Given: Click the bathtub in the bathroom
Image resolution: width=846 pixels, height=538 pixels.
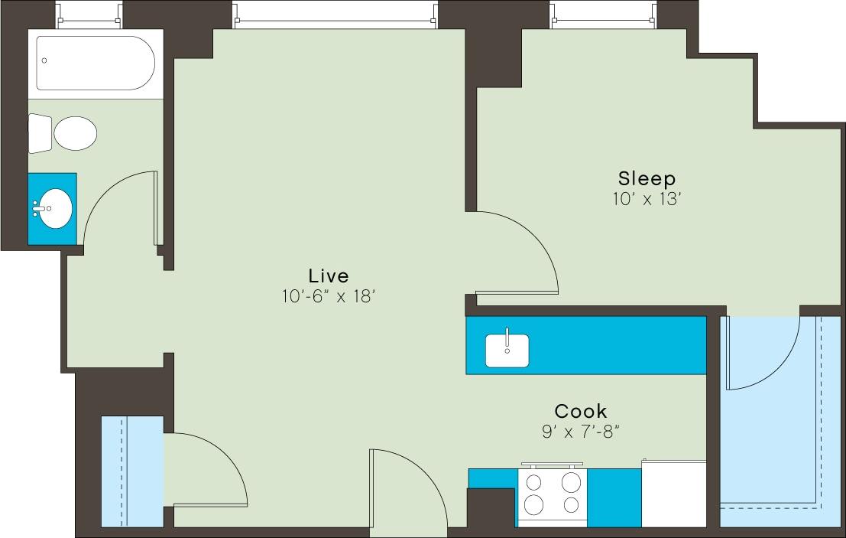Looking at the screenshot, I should (x=96, y=63).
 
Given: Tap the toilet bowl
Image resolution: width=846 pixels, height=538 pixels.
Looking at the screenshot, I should (x=75, y=133).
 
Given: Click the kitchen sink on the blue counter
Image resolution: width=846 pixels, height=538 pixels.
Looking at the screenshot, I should (x=507, y=350).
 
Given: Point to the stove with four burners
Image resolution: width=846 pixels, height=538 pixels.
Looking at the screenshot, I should (x=552, y=494).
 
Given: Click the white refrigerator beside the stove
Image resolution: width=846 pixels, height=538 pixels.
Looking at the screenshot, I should (x=673, y=494).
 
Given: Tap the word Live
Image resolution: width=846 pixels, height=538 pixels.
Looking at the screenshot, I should (x=328, y=276).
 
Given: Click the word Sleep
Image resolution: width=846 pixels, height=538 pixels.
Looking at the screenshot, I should (x=647, y=179).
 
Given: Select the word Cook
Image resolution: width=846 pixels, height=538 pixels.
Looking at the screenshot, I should (x=581, y=411).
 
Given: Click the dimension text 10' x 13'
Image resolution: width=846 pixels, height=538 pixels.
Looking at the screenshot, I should (x=647, y=199).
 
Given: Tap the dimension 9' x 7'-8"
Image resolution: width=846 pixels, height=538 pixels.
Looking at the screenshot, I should (x=580, y=432).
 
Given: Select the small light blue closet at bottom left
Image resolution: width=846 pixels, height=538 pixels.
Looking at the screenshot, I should (x=131, y=471).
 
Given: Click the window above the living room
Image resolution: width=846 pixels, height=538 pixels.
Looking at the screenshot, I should (x=336, y=15).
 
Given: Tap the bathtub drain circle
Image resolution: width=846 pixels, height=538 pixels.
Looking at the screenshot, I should (x=45, y=60).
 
